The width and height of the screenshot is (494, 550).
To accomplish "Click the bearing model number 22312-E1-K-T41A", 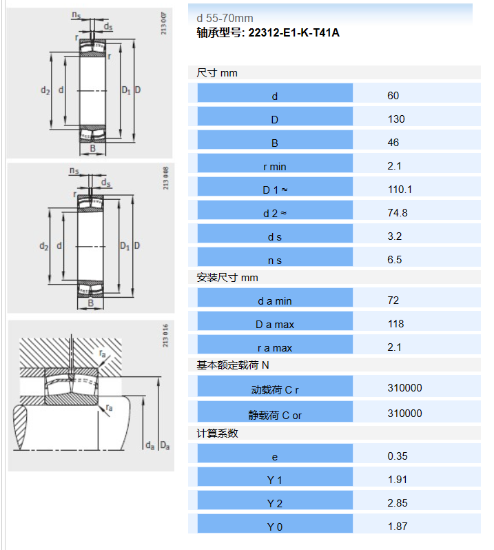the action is point(294,32).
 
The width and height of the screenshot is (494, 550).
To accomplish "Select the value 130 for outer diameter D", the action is point(396,119).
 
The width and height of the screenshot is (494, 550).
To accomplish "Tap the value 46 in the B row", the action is point(393,143).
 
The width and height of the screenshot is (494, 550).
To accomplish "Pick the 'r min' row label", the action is point(274,167).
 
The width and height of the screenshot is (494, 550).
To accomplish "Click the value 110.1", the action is point(400,190).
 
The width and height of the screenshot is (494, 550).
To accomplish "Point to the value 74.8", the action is point(398,213).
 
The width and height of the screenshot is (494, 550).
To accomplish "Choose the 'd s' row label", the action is point(274,237).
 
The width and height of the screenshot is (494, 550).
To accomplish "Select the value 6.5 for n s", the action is point(394,260).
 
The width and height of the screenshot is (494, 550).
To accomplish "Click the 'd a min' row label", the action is point(274,301).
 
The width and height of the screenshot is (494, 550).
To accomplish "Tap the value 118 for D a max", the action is point(396,324).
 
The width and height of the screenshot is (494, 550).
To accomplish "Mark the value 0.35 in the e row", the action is point(398,456).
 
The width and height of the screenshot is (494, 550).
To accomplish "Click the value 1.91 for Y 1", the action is point(397,480).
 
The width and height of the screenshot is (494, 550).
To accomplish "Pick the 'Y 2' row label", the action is point(274,504).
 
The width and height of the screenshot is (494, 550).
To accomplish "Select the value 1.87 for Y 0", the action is point(398,527).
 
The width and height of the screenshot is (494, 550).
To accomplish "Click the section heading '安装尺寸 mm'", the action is point(227,278).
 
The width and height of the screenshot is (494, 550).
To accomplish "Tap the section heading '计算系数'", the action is point(218,434).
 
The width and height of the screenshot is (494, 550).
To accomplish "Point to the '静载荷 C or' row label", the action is point(274,416).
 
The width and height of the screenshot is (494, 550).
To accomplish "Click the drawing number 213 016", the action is point(165,336).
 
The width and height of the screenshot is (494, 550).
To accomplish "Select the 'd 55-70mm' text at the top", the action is point(225,18).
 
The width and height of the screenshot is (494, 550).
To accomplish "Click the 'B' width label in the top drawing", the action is point(92,148).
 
